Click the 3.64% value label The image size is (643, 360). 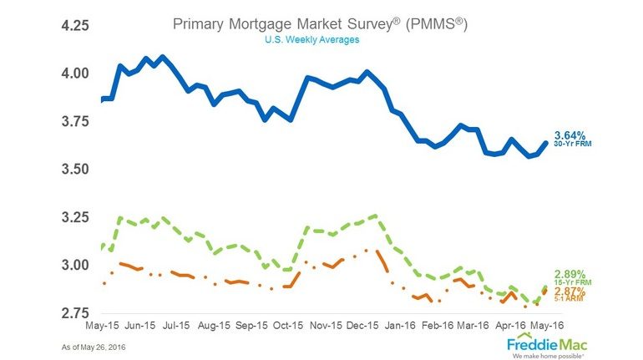coord(570,134)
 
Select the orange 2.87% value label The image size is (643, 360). coord(570,290)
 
